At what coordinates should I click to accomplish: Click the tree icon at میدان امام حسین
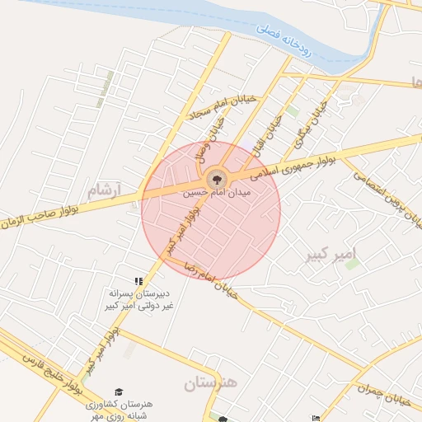[x=217, y=177]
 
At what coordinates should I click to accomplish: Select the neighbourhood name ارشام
[x=103, y=190]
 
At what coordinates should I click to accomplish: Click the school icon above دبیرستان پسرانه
[x=138, y=282]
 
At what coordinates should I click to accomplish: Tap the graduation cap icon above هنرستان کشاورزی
[x=119, y=391]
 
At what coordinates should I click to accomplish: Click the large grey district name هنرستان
[x=209, y=383]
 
